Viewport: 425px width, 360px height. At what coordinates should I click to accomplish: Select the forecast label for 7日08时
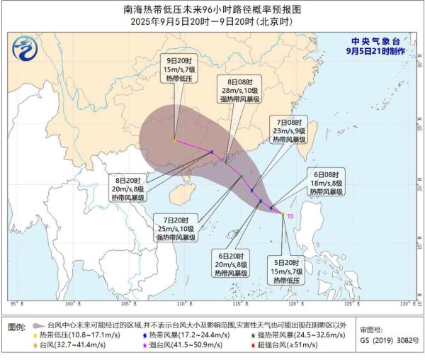290,130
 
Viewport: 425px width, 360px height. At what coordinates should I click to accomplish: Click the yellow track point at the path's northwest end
175,140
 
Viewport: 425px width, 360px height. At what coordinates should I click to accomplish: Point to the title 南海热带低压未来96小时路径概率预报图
212,10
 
